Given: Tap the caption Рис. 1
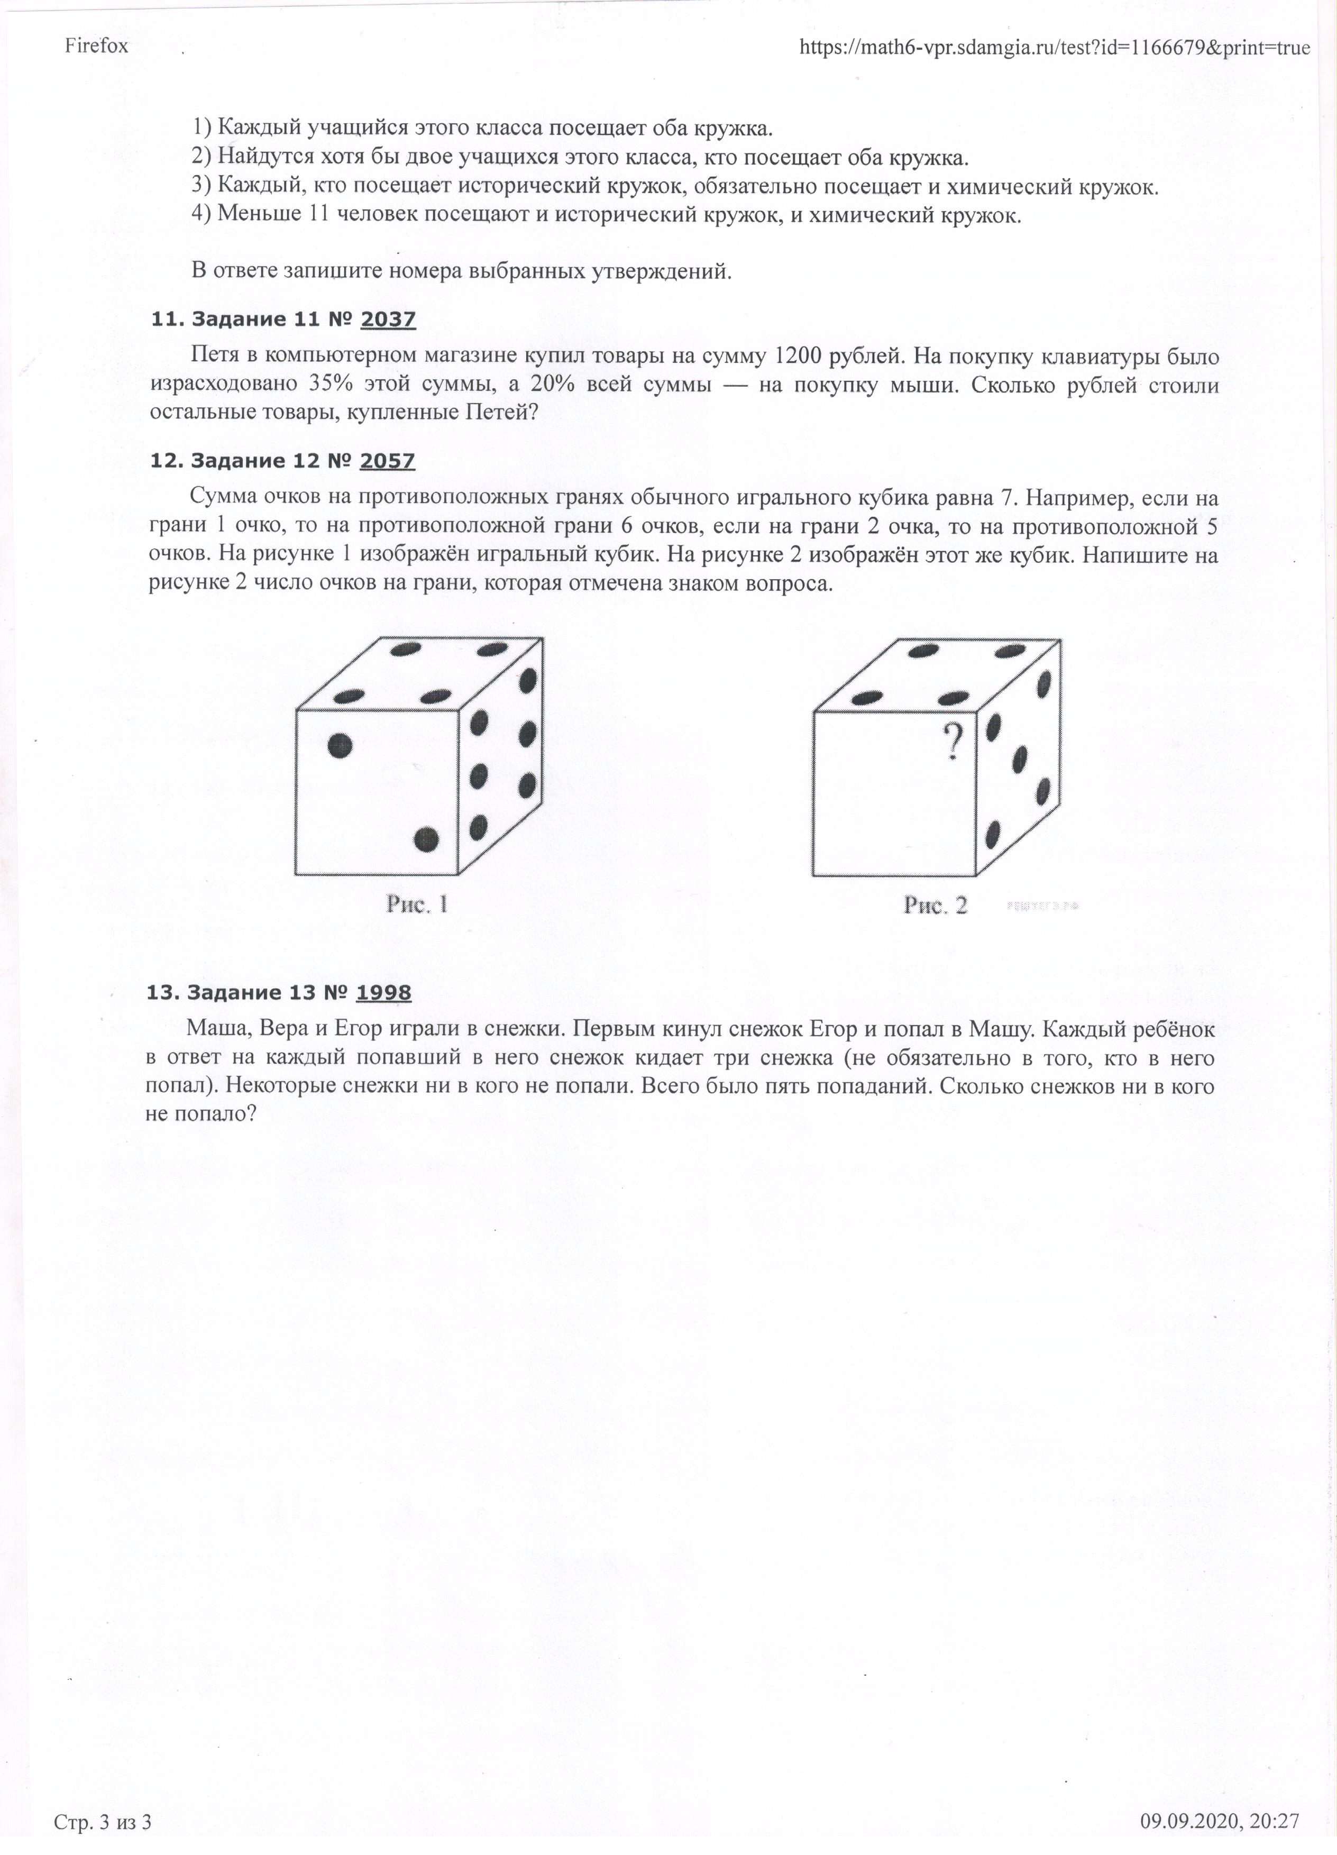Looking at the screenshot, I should pos(417,904).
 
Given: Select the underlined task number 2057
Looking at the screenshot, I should pos(387,461).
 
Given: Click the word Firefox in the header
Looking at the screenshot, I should pos(96,46).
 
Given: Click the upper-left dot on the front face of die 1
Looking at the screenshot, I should pos(340,745).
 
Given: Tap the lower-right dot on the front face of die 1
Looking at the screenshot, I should pos(426,839).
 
